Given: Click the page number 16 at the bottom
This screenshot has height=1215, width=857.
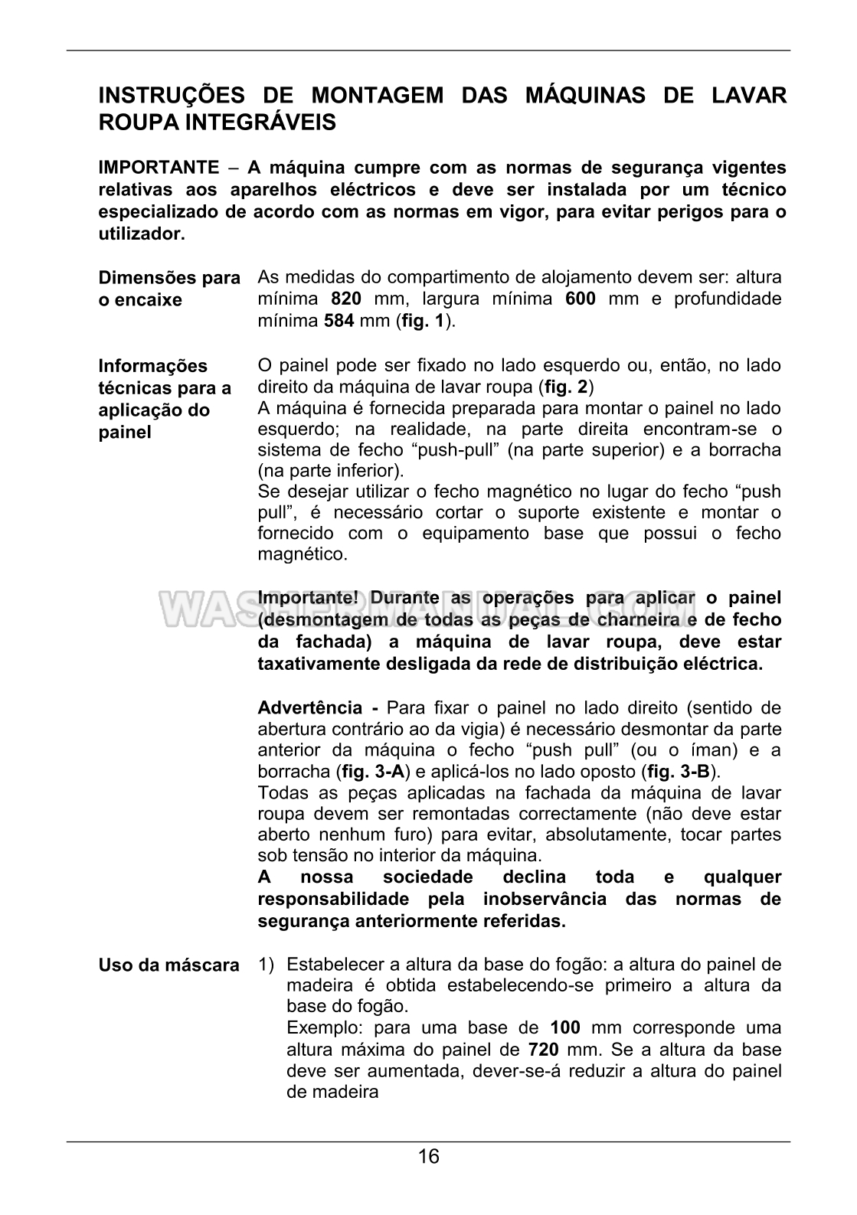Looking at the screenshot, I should [429, 1156].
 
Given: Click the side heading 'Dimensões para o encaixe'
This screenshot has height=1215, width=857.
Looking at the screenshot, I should [169, 289].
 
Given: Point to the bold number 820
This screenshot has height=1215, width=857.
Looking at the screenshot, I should [346, 299].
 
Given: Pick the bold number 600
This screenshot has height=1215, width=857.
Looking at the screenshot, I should [580, 299].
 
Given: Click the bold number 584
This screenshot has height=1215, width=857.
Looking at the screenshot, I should [339, 321].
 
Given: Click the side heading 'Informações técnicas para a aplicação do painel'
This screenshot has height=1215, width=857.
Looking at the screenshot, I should [165, 398].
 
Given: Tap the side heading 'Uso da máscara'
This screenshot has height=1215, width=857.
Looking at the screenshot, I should [168, 965].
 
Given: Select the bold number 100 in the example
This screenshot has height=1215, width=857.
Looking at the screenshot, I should [565, 1027].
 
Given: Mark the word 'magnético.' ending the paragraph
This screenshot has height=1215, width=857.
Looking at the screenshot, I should [303, 554].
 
